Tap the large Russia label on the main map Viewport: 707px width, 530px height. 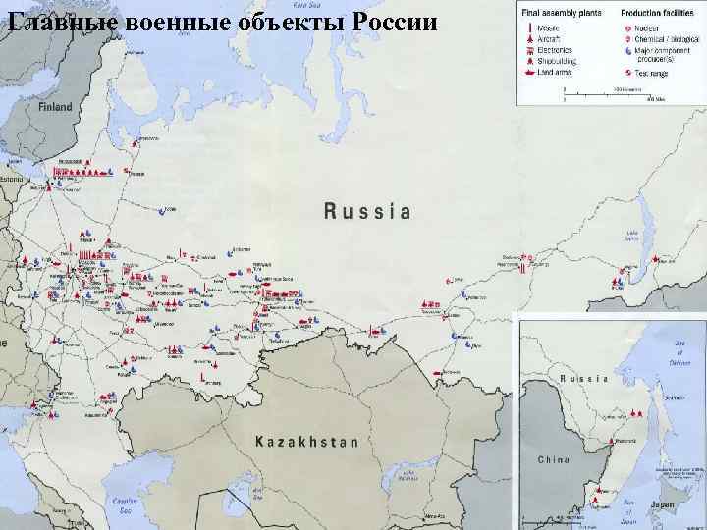coord(366,210)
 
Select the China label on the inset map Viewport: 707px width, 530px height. coord(554,458)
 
